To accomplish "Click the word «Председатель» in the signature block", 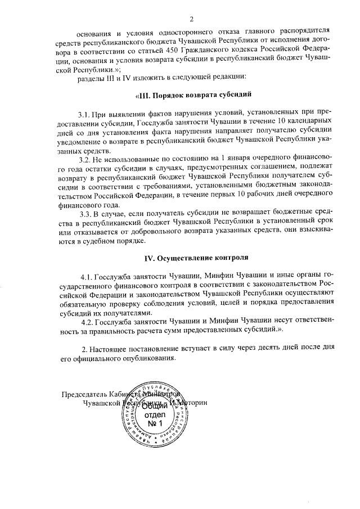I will click(x=86, y=394).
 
